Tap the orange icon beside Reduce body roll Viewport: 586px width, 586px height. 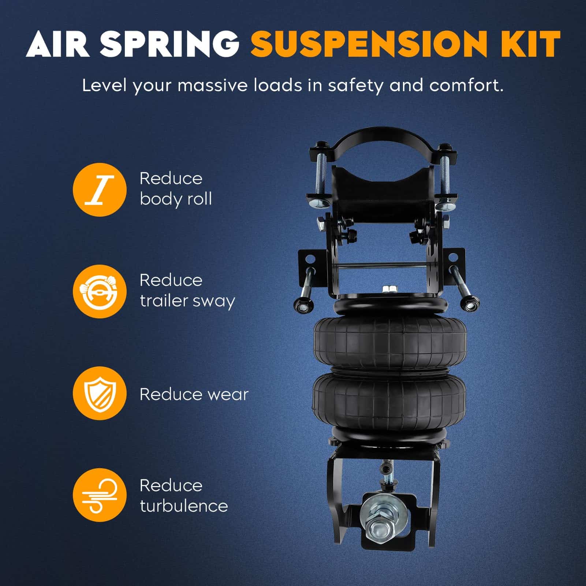point(100,190)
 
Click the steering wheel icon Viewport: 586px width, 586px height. point(100,291)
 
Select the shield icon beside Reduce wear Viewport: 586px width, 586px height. point(100,393)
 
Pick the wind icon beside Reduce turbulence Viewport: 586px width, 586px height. point(100,495)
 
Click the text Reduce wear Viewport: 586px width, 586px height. point(194,394)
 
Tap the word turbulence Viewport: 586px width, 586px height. point(184,506)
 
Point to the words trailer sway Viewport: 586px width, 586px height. point(187,302)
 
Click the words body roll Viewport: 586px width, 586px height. point(176,199)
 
